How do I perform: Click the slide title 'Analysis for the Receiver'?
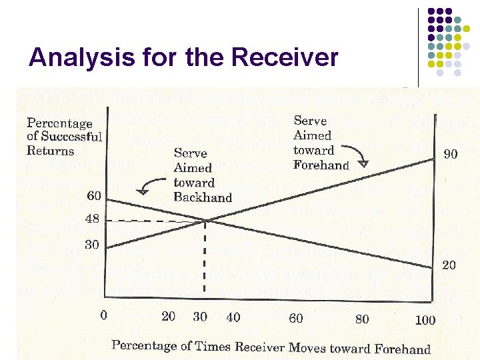click(183, 59)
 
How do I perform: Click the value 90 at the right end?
click(451, 155)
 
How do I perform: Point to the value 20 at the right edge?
click(449, 265)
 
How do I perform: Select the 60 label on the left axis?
click(94, 195)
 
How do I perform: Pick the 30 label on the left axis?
click(92, 245)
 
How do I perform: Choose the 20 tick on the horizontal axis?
click(169, 317)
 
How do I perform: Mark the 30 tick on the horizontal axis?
click(200, 317)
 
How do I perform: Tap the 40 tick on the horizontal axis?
click(233, 317)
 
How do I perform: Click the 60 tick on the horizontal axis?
click(296, 318)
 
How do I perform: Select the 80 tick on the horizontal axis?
click(361, 319)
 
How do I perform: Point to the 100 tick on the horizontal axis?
click(425, 320)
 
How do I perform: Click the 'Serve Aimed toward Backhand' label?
click(202, 175)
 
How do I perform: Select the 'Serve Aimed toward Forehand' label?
click(321, 143)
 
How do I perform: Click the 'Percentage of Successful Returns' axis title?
click(64, 137)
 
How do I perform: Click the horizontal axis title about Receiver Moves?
click(271, 347)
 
